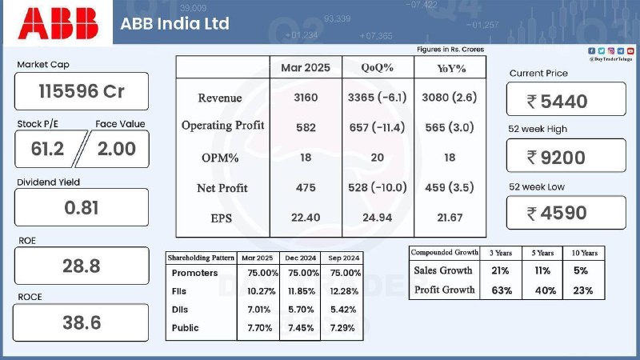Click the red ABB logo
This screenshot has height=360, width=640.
pos(58,24)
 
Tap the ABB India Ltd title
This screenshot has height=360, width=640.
pos(174,24)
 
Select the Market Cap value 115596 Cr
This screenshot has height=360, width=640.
pos(82,91)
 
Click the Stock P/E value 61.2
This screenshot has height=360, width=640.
pos(47,149)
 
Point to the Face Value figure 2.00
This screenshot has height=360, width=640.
pos(116,149)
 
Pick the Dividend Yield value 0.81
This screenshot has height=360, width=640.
pos(82,208)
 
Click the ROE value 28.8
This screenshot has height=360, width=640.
pos(82,266)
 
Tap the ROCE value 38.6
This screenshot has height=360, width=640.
pos(82,323)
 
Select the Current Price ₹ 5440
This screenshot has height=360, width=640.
pos(557,102)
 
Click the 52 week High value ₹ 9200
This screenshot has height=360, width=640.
pos(556,158)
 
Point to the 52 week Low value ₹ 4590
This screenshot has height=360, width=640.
pos(557,213)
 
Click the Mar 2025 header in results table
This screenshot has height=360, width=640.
pos(306,68)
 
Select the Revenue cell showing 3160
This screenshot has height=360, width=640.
pos(306,98)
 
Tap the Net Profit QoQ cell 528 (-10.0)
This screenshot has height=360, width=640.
pos(377,187)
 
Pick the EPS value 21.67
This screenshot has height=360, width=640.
pos(450,218)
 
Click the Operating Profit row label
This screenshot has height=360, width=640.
pos(223,126)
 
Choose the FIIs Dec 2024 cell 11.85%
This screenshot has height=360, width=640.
pos(302,291)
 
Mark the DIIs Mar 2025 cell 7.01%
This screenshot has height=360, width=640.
pos(258,310)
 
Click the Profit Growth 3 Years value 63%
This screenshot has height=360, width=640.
pos(502,290)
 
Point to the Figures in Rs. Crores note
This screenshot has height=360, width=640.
pos(450,50)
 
